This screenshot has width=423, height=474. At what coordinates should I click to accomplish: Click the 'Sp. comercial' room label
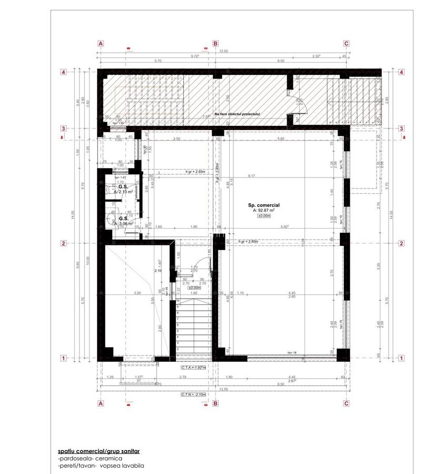tap(263, 204)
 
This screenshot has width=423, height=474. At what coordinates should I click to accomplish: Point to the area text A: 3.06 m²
tap(124, 223)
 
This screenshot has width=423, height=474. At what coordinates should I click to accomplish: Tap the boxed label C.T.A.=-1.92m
tap(193, 367)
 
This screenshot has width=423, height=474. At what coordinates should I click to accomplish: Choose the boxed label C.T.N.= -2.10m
tap(193, 394)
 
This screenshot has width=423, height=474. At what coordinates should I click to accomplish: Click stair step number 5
tap(178, 332)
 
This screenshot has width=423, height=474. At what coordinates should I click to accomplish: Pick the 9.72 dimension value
tap(195, 55)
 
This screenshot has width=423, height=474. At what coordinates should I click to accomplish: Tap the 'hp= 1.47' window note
tap(120, 178)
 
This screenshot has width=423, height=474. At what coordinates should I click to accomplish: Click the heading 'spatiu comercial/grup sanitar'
tap(99, 451)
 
